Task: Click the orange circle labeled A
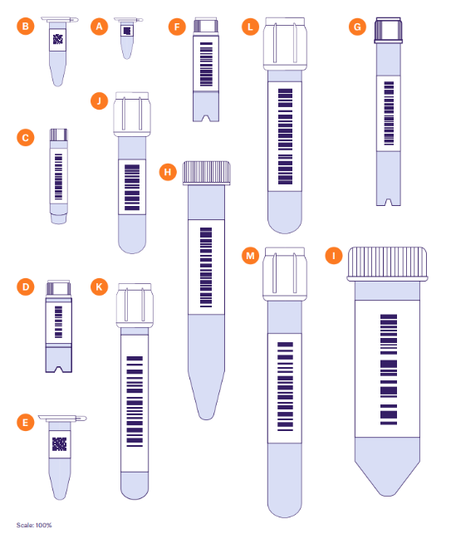click(99, 27)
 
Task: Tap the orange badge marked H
click(168, 172)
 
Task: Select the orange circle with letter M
click(250, 256)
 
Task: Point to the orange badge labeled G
click(357, 27)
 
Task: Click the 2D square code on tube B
click(58, 39)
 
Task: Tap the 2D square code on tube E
click(59, 443)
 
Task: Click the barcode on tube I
click(389, 370)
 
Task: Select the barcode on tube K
click(135, 401)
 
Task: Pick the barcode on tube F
click(206, 64)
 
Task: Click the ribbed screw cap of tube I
click(387, 264)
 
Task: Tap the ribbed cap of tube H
click(207, 173)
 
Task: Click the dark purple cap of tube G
click(389, 30)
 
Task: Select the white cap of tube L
click(285, 43)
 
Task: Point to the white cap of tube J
click(132, 114)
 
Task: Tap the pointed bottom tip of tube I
click(387, 492)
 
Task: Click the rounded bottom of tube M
click(285, 507)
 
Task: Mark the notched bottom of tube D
click(59, 368)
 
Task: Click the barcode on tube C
click(59, 176)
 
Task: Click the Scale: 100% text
click(34, 525)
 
